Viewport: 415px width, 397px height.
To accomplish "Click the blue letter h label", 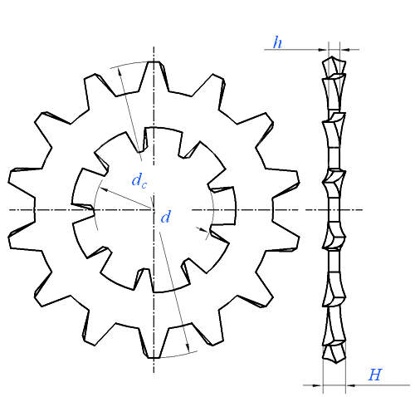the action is pyautogui.click(x=277, y=42).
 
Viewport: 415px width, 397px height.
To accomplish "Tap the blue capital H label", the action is pyautogui.click(x=375, y=375).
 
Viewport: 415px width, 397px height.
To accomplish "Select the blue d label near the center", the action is pyautogui.click(x=166, y=217).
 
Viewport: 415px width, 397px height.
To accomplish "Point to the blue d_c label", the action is pyautogui.click(x=139, y=180).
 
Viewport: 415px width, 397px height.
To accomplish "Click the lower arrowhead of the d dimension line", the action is pyautogui.click(x=188, y=348).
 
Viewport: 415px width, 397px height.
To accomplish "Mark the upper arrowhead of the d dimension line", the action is pyautogui.click(x=120, y=71).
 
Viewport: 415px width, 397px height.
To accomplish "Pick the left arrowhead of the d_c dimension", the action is pyautogui.click(x=103, y=189).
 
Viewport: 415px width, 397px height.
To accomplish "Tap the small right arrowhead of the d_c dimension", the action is pyautogui.click(x=207, y=230).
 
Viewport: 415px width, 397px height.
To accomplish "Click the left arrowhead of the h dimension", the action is pyautogui.click(x=324, y=50).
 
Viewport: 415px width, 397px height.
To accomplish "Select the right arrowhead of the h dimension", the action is pyautogui.click(x=344, y=50).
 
